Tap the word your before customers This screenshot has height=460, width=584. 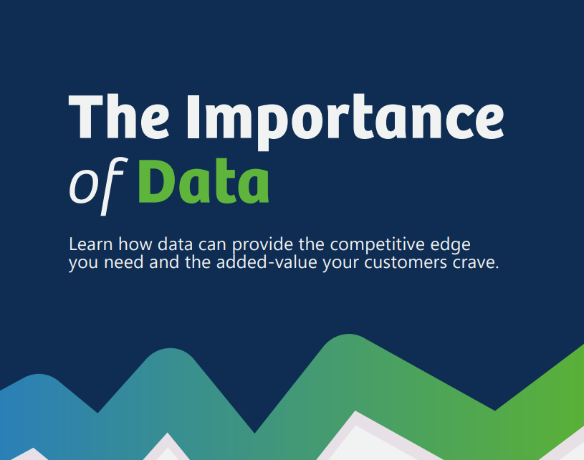343,263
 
